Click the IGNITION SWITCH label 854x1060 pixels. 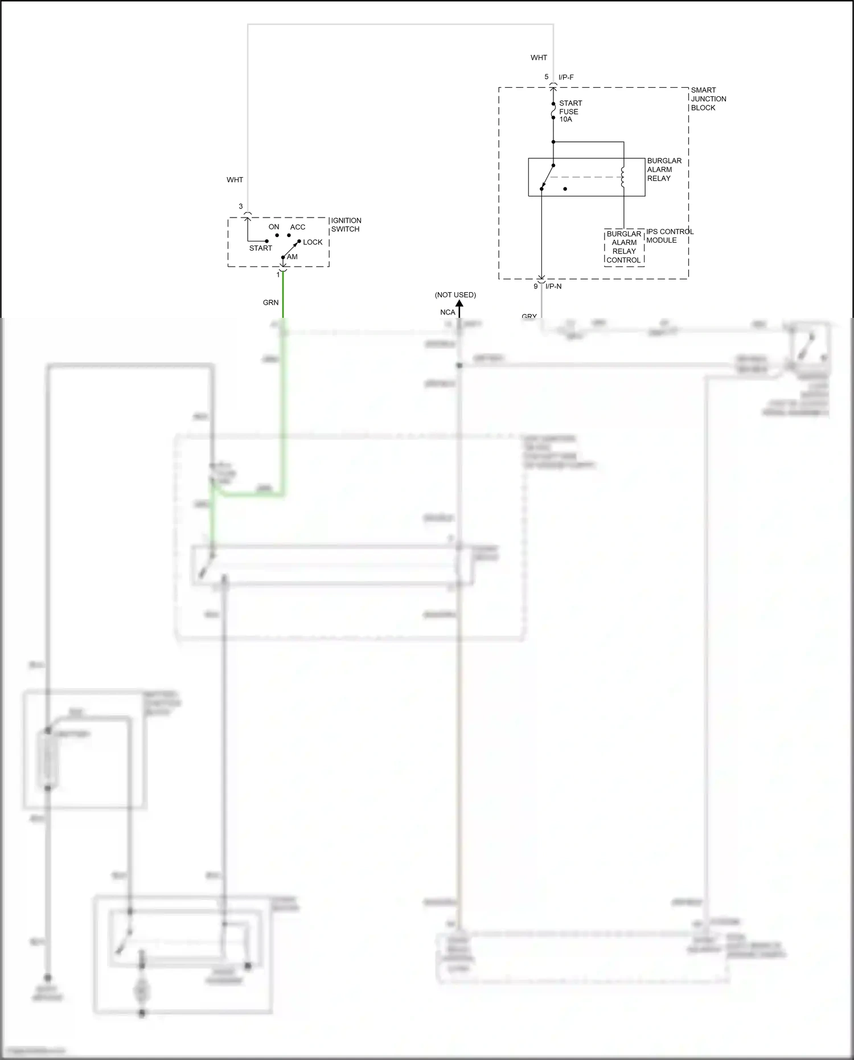point(346,225)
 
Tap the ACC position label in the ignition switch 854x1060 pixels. point(298,227)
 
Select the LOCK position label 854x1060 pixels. point(313,242)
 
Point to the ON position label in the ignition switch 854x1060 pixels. point(274,227)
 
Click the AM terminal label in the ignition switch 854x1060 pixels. point(292,257)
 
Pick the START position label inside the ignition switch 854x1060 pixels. point(260,248)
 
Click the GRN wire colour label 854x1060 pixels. point(270,302)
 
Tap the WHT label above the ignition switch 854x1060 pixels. point(235,180)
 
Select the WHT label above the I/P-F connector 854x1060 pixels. point(539,58)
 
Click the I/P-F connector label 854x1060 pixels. point(566,77)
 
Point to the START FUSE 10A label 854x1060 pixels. point(570,111)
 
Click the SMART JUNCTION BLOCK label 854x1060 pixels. point(708,99)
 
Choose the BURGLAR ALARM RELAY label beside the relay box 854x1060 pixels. point(664,170)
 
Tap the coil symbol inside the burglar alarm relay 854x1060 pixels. point(623,177)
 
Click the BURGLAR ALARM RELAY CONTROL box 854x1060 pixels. point(624,247)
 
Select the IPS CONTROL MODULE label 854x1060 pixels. point(670,236)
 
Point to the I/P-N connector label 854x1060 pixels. point(553,287)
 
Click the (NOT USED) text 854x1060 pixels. point(455,295)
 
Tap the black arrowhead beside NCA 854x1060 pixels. point(459,305)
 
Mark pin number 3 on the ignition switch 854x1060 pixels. point(241,207)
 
